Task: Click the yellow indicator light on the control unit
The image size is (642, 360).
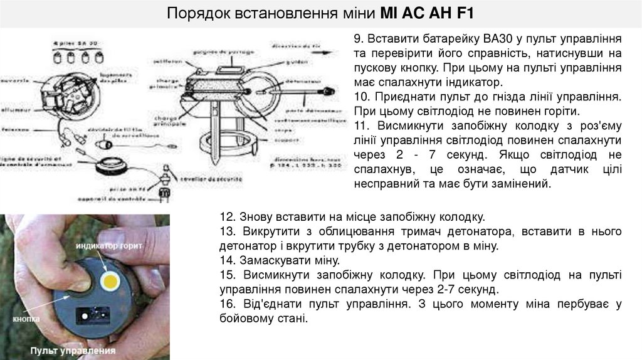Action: click(112, 281)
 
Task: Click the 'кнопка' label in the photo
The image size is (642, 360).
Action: click(26, 319)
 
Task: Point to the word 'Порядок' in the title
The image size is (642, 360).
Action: click(194, 13)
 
